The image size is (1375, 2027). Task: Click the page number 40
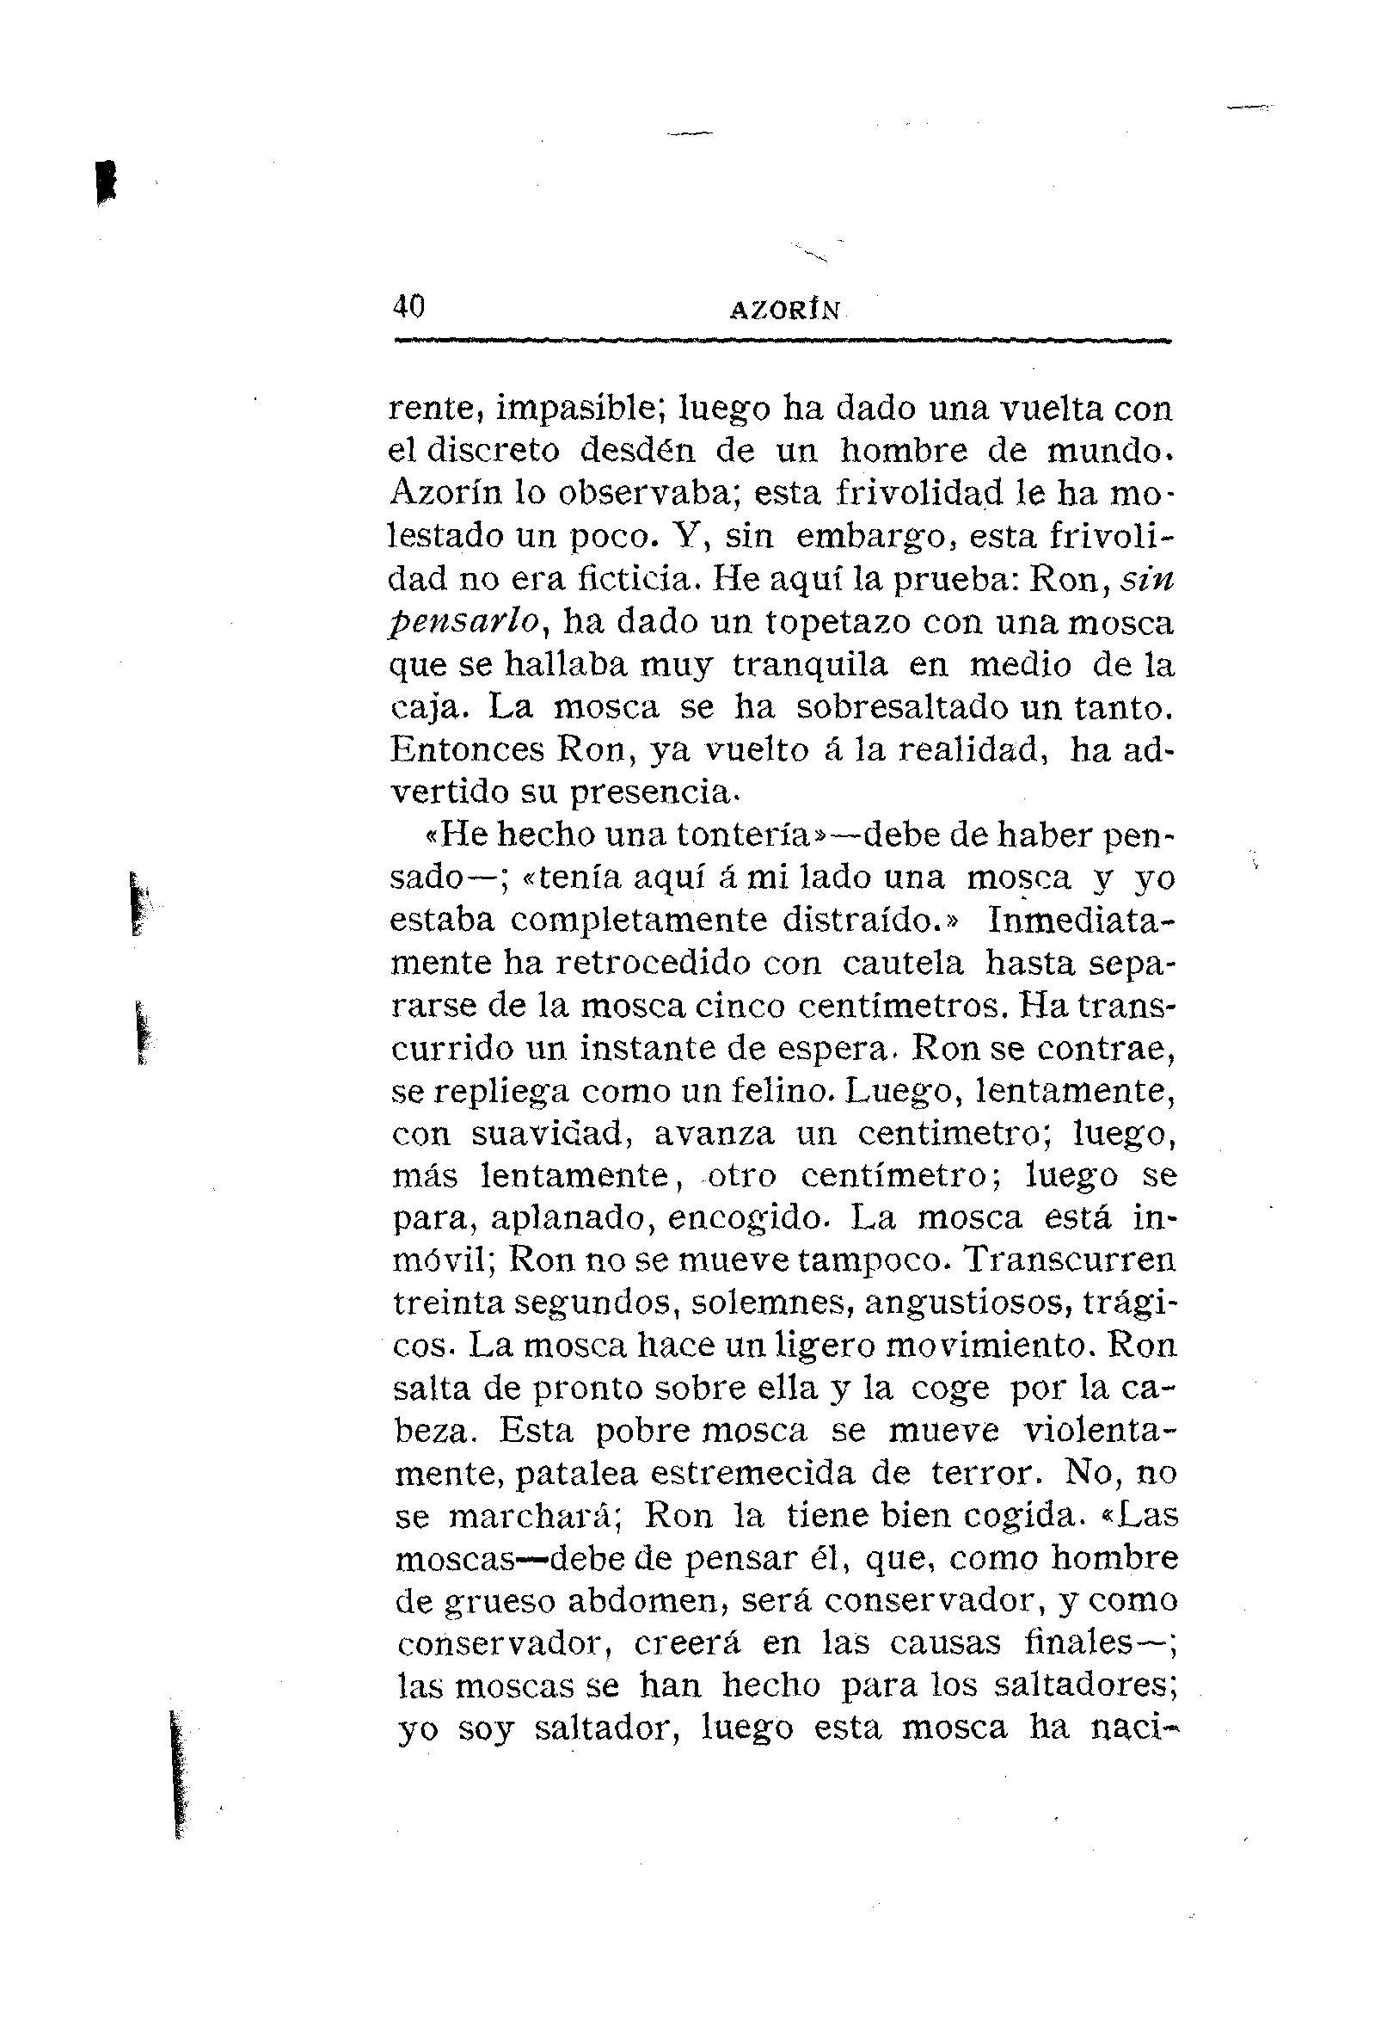coord(408,307)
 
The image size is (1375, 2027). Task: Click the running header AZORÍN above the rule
coord(785,311)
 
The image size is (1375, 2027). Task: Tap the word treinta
coord(445,1303)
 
